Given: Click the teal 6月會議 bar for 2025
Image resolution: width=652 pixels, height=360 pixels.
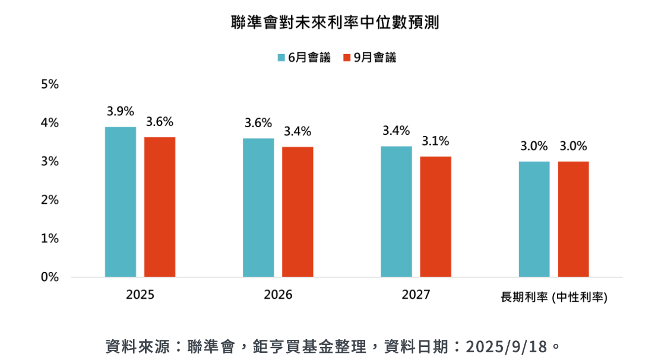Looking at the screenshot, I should pyautogui.click(x=121, y=202).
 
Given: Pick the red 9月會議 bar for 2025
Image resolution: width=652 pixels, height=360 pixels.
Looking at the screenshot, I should pyautogui.click(x=160, y=207).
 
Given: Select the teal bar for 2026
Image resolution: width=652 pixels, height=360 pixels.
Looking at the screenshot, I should pyautogui.click(x=258, y=207).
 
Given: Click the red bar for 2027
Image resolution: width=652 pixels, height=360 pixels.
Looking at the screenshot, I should pyautogui.click(x=435, y=216).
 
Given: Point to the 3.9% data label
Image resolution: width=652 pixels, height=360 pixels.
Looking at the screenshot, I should pyautogui.click(x=121, y=111).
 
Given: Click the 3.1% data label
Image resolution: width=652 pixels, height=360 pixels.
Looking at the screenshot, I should pyautogui.click(x=435, y=141).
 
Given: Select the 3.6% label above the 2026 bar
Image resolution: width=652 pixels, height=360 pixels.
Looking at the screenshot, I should pyautogui.click(x=258, y=123).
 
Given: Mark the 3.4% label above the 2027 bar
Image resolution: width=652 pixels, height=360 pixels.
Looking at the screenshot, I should pyautogui.click(x=396, y=131).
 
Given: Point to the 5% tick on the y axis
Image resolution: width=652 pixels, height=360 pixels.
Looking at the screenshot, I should pyautogui.click(x=50, y=84).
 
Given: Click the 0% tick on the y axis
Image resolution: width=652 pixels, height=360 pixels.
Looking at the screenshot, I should pyautogui.click(x=50, y=277).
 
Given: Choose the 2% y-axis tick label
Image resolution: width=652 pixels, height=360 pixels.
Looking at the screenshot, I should pyautogui.click(x=50, y=200).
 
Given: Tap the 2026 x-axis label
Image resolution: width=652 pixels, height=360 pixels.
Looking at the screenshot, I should pyautogui.click(x=278, y=295).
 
